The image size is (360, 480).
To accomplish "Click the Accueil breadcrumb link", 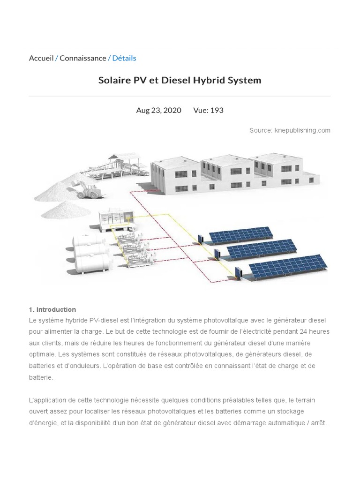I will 41,58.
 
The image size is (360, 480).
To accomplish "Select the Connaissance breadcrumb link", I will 82,58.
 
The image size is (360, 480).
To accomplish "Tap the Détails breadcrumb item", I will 124,58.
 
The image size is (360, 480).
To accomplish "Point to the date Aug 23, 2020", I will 158,110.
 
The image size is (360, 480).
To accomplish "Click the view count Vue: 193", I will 208,110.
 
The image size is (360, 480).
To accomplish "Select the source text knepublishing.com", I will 302,130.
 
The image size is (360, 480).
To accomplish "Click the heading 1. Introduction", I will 52,309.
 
